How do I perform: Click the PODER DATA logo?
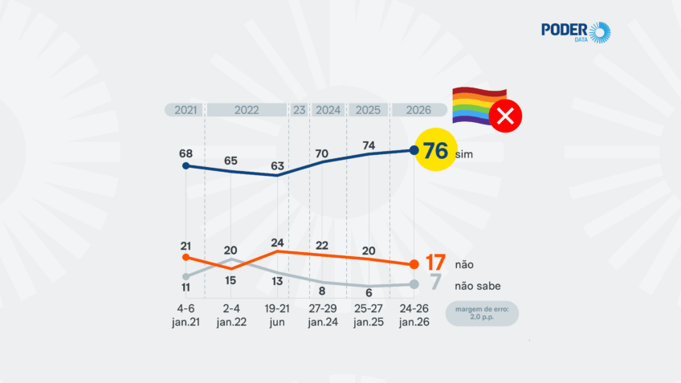pyautogui.click(x=576, y=33)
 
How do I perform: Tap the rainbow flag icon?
pyautogui.click(x=472, y=106)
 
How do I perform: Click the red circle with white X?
pyautogui.click(x=506, y=117)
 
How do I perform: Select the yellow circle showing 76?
pyautogui.click(x=434, y=149)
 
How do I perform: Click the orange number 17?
pyautogui.click(x=434, y=263)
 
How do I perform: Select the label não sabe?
pyautogui.click(x=479, y=285)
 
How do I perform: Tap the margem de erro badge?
pyautogui.click(x=483, y=312)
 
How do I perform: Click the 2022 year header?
pyautogui.click(x=247, y=110)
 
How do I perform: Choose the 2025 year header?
pyautogui.click(x=368, y=110)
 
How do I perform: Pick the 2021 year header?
pyautogui.click(x=184, y=110)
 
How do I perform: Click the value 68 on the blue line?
pyautogui.click(x=186, y=152)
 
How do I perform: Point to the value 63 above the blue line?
pyautogui.click(x=276, y=166)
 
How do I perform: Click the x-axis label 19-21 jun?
pyautogui.click(x=276, y=314)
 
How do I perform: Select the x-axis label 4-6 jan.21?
pyautogui.click(x=186, y=314)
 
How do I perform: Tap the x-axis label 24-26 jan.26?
pyautogui.click(x=413, y=314)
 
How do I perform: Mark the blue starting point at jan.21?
pyautogui.click(x=186, y=166)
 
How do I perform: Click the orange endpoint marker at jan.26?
pyautogui.click(x=414, y=264)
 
